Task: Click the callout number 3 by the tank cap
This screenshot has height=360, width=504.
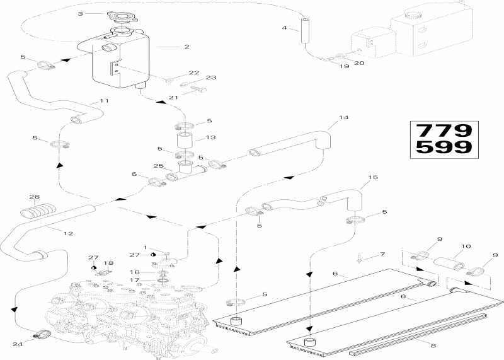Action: (x=81, y=13)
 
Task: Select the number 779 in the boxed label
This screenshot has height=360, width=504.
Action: (x=444, y=131)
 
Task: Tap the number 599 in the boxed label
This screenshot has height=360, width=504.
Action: (x=444, y=148)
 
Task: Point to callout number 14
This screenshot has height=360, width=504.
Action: (x=343, y=117)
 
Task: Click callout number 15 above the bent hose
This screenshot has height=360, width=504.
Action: (x=373, y=177)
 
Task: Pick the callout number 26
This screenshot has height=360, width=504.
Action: (x=34, y=197)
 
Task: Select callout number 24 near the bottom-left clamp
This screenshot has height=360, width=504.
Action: (x=18, y=344)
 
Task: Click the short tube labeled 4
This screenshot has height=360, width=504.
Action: (x=304, y=30)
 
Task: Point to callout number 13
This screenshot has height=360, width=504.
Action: (x=210, y=137)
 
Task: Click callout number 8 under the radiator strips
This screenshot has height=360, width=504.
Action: (x=433, y=346)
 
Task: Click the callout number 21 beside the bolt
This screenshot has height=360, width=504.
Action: (x=173, y=97)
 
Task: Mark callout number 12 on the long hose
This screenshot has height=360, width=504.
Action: (x=68, y=233)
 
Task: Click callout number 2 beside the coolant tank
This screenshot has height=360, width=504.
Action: (x=186, y=47)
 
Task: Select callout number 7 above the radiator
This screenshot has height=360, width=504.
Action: (x=382, y=254)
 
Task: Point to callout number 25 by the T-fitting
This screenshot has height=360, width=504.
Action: (x=159, y=166)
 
